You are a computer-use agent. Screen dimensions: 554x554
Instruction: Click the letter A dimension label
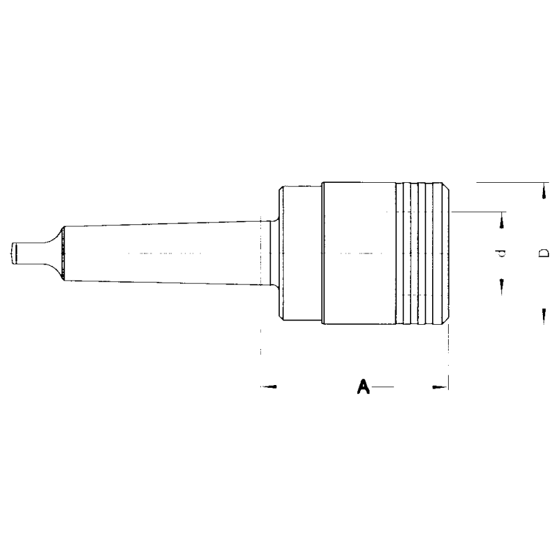coord(361,386)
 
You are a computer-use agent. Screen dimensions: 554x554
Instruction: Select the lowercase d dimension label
coord(503,253)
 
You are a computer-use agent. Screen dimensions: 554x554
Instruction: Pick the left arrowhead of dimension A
coord(272,386)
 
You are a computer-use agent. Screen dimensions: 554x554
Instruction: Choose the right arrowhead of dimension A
coord(438,386)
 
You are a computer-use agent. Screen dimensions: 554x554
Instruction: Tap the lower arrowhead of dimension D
coord(543,314)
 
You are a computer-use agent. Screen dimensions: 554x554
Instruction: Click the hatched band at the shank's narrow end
coord(63,253)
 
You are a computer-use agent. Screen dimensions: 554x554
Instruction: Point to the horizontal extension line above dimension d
coord(478,211)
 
